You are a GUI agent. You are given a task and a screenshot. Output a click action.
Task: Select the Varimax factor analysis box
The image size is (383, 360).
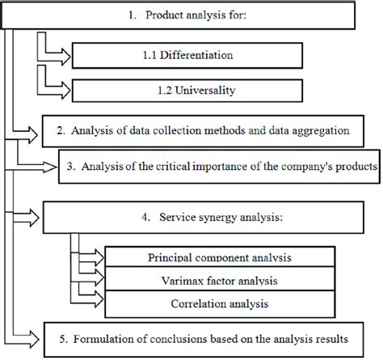point(221,281)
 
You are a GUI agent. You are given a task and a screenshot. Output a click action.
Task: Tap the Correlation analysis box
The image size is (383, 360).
point(221,306)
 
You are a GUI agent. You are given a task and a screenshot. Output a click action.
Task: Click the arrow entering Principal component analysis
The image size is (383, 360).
point(91,256)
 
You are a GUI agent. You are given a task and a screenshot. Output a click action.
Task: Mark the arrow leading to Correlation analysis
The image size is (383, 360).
point(91,305)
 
